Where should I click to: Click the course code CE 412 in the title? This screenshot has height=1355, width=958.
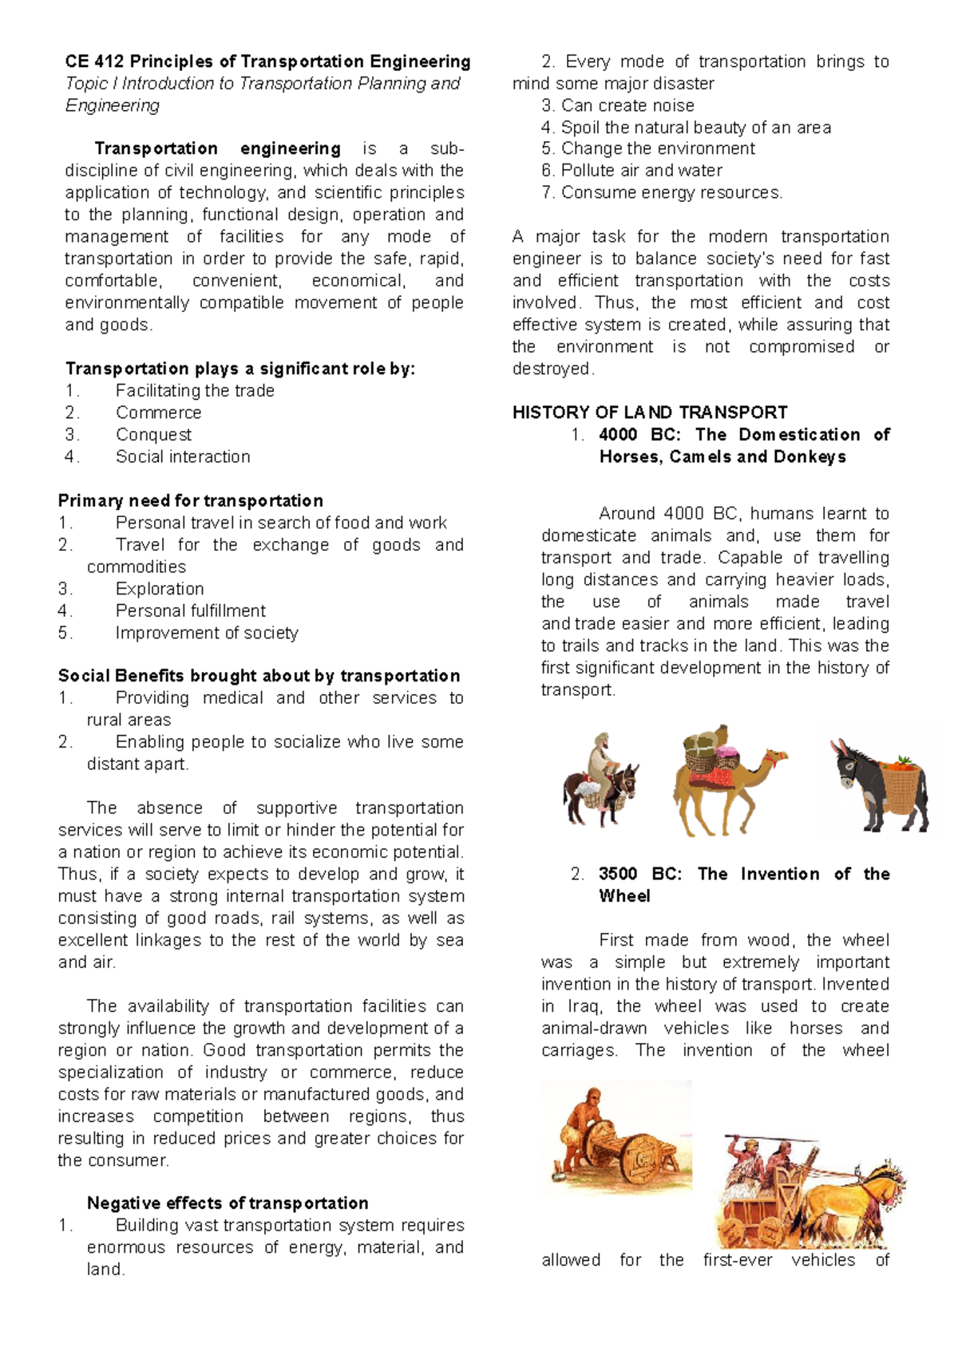(94, 61)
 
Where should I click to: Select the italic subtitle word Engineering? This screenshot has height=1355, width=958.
(113, 105)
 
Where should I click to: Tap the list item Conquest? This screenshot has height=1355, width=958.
(153, 435)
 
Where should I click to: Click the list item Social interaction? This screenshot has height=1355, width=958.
(183, 456)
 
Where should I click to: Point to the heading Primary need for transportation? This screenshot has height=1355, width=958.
(191, 500)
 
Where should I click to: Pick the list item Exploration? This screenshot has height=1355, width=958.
(160, 589)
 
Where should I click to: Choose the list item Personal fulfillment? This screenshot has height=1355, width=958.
(191, 610)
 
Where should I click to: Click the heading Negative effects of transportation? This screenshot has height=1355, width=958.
(228, 1203)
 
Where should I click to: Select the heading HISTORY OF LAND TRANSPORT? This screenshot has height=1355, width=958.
(650, 413)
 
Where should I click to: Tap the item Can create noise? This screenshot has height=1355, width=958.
(627, 105)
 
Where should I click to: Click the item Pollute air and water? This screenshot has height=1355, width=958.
(641, 170)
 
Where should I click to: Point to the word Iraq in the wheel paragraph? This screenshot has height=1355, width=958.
(584, 1006)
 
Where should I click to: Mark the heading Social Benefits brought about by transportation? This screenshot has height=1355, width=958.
(259, 676)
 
